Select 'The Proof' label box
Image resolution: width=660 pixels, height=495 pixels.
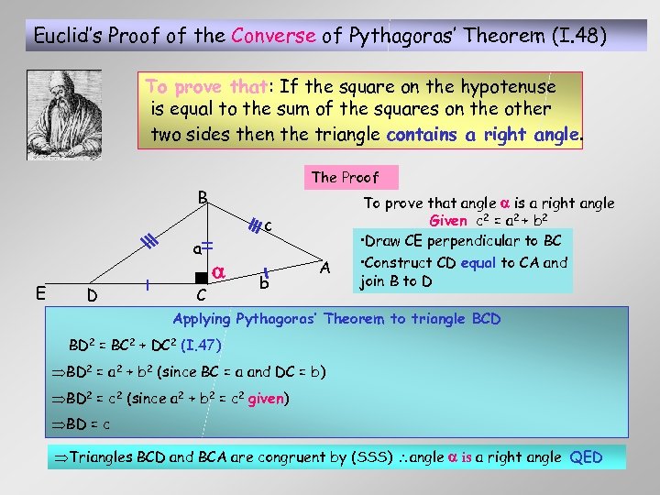pyautogui.click(x=345, y=177)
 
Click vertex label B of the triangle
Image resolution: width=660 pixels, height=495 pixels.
pyautogui.click(x=203, y=197)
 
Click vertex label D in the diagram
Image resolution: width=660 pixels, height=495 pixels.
pyautogui.click(x=91, y=296)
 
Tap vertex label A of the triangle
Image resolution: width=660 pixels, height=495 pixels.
pyautogui.click(x=324, y=266)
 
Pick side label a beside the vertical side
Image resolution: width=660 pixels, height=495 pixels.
pyautogui.click(x=196, y=249)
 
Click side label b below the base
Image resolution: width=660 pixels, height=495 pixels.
pyautogui.click(x=263, y=284)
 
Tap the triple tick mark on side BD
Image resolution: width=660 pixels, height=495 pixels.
pyautogui.click(x=144, y=242)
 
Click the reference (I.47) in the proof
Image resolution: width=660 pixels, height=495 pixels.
pyautogui.click(x=201, y=346)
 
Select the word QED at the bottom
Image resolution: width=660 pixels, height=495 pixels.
pyautogui.click(x=586, y=456)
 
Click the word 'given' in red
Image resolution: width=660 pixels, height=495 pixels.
pyautogui.click(x=266, y=398)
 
